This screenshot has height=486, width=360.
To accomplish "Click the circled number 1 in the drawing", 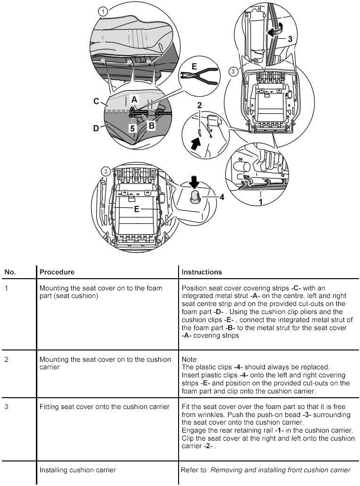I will coord(103,10).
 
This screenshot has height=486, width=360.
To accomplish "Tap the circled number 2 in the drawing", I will coord(107,170).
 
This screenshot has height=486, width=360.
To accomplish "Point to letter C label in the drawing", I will coord(96,102).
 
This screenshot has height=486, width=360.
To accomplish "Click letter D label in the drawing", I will coord(96,128).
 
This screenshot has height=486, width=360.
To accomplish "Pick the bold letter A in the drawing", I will coord(134,100).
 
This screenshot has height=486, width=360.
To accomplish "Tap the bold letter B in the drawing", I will coord(151,126).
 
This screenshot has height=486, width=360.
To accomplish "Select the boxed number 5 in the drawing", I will coord(133,128).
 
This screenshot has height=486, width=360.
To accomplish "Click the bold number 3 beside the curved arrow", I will coord(290,40).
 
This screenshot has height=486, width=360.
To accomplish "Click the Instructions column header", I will coord(202,272).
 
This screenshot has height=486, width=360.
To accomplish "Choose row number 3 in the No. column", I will coord(7,407).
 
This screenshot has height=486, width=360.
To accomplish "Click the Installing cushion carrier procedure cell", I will coord(77,470).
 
